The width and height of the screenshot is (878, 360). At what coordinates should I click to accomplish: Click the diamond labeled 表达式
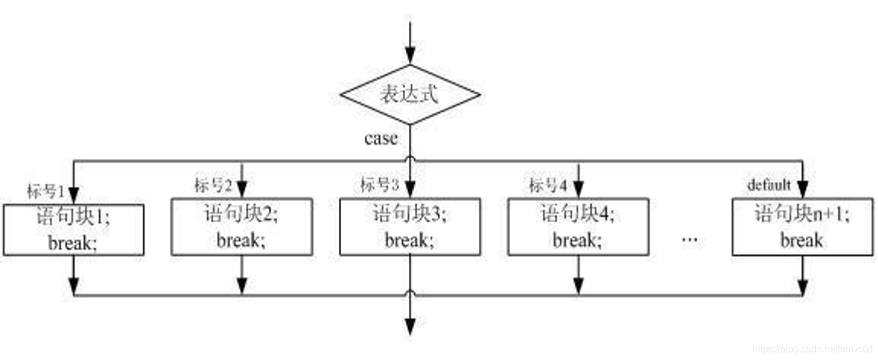point(410,95)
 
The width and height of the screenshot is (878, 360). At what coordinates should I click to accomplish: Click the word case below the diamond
point(380,138)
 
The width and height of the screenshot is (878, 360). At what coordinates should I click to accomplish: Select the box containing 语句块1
point(74,230)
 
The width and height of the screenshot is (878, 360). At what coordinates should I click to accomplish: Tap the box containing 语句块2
point(242,227)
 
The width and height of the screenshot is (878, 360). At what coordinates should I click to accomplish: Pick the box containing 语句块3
point(410,227)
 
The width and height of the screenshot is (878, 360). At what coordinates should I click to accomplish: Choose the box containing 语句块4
point(578,227)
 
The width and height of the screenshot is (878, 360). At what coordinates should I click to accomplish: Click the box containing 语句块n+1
point(803,227)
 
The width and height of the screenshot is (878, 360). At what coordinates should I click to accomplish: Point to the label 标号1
point(46,191)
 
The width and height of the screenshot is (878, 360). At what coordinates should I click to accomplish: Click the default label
point(769,185)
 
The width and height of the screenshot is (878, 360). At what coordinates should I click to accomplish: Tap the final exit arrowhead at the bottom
point(410,327)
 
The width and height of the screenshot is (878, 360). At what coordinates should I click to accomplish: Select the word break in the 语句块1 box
point(73,243)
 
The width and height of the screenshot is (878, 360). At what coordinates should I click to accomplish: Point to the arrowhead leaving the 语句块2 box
point(242,286)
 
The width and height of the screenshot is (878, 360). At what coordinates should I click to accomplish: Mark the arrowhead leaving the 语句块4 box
point(578,286)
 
